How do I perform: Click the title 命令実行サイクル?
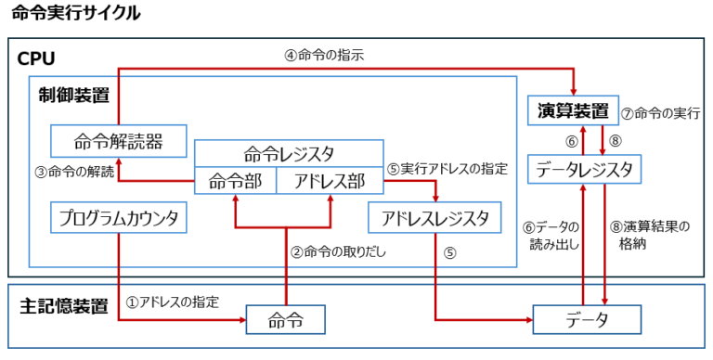pyautogui.click(x=77, y=13)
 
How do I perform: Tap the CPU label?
pyautogui.click(x=37, y=59)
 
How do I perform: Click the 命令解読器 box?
pyautogui.click(x=118, y=141)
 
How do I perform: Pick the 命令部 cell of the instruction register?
pyautogui.click(x=235, y=180)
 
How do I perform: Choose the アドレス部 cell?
pyautogui.click(x=331, y=180)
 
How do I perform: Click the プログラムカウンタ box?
pyautogui.click(x=118, y=218)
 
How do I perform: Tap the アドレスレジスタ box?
pyautogui.click(x=434, y=218)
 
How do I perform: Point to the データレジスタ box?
pyautogui.click(x=586, y=170)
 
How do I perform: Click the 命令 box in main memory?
pyautogui.click(x=283, y=320)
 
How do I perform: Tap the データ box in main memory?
pyautogui.click(x=587, y=320)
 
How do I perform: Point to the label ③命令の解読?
pyautogui.click(x=75, y=171)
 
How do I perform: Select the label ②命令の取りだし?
pyautogui.click(x=338, y=251)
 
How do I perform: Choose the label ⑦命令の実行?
pyautogui.click(x=659, y=113)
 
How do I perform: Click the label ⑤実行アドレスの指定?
pyautogui.click(x=448, y=169)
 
